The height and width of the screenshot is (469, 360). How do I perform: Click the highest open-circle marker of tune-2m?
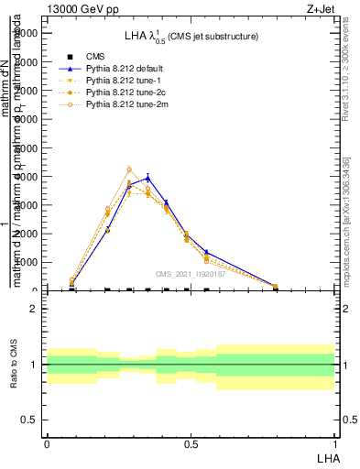[129, 169]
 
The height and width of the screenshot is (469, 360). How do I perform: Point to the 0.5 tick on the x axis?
[191, 443]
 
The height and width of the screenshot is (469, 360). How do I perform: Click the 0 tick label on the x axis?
[46, 443]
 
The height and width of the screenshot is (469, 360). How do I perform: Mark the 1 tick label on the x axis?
[335, 443]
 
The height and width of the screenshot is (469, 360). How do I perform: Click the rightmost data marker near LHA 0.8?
[276, 287]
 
